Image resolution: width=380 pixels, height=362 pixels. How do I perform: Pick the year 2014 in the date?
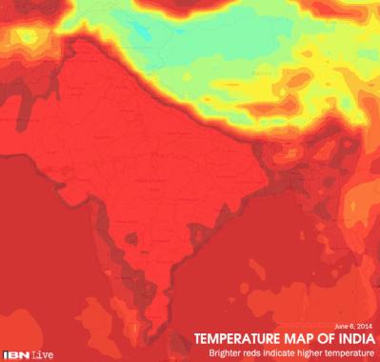(x=367, y=324)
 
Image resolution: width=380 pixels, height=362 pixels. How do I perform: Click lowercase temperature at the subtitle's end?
(x=351, y=352)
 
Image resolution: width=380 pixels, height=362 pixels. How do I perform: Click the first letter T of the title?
(x=199, y=337)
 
